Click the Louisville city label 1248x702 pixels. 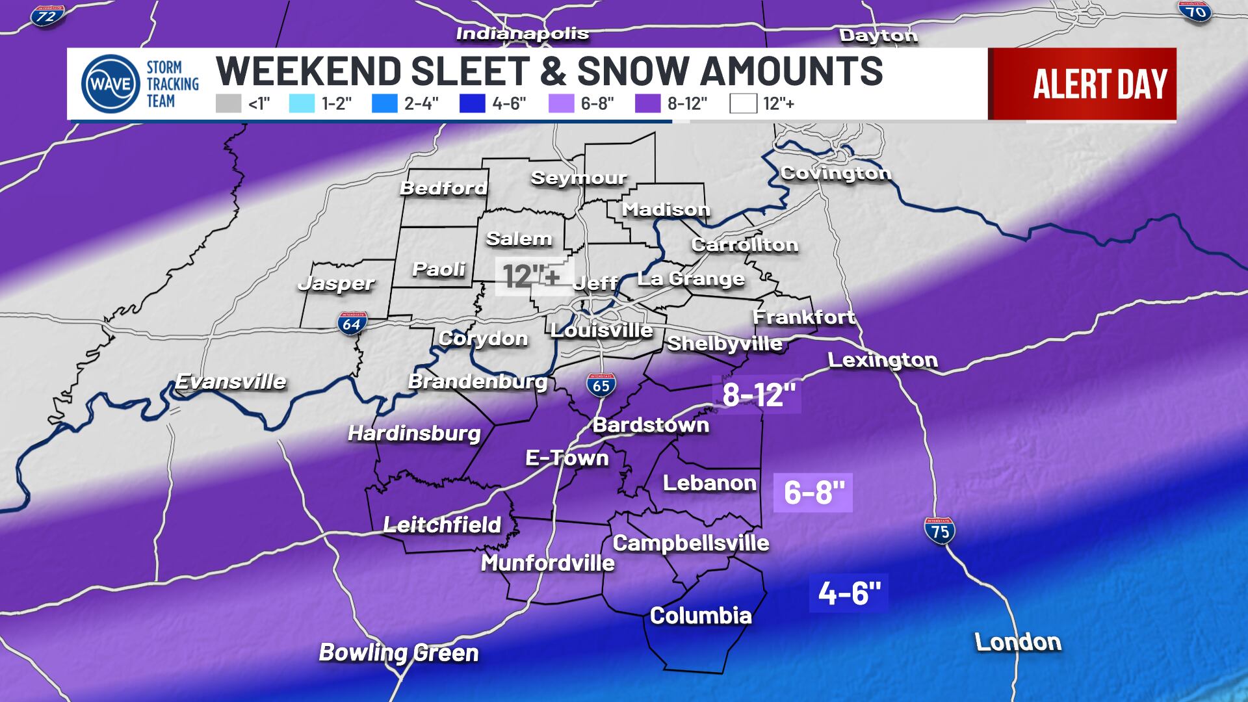[x=601, y=330]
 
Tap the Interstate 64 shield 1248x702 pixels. [x=352, y=322]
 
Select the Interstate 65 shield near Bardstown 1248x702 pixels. [x=601, y=385]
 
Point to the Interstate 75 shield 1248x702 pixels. [x=940, y=530]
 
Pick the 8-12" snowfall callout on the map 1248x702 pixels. [x=758, y=395]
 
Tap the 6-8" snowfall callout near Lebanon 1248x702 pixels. [x=812, y=492]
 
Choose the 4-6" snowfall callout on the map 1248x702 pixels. [x=848, y=593]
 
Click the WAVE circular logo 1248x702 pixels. [x=110, y=84]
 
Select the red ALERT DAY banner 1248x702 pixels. [x=1082, y=84]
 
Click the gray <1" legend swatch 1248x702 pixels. [x=228, y=103]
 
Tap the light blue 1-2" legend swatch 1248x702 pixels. [x=302, y=103]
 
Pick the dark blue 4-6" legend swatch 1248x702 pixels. [x=472, y=103]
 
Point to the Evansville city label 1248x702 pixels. [x=231, y=381]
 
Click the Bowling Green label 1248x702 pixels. [x=398, y=653]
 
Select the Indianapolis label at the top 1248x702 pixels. [x=523, y=34]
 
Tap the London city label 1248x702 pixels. [x=1018, y=642]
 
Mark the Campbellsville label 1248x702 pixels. [x=691, y=543]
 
